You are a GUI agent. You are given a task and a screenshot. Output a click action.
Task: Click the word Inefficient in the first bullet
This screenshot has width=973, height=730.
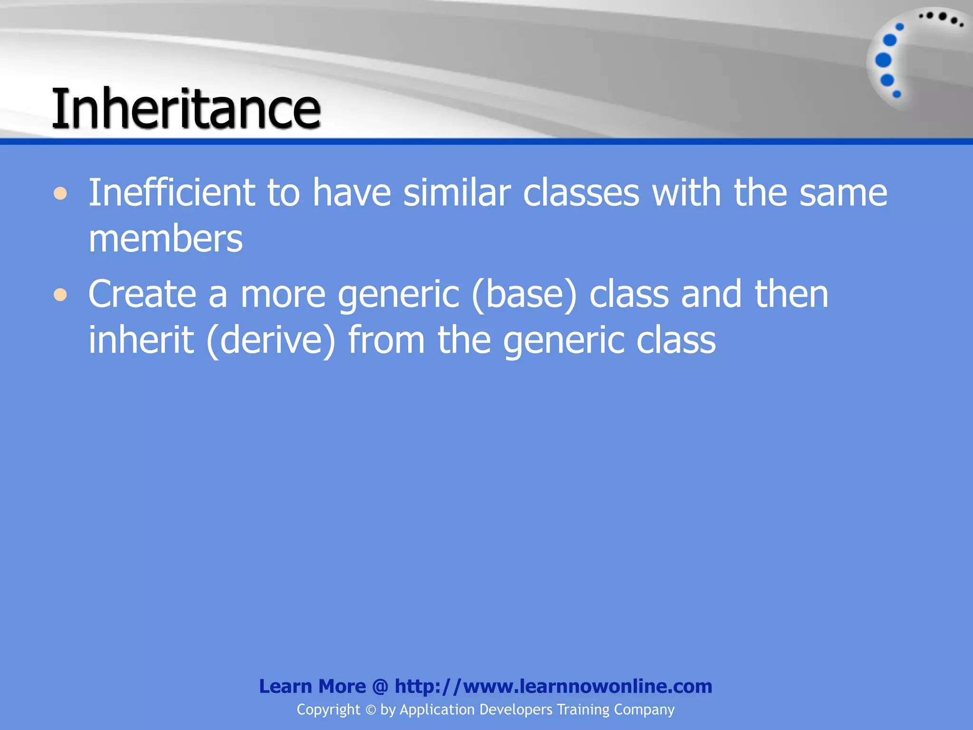point(172,192)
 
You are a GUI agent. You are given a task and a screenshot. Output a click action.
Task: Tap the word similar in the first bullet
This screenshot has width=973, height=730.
point(457,192)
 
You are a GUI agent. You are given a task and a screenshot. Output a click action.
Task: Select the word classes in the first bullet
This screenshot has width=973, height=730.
point(581,192)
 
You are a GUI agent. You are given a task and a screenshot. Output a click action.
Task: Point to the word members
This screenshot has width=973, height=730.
point(165,239)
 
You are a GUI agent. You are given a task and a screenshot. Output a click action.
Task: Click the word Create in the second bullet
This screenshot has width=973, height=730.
point(142,294)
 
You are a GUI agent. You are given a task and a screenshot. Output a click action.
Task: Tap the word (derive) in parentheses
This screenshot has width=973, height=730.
point(271,340)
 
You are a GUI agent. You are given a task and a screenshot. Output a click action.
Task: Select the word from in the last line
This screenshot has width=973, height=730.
point(386,340)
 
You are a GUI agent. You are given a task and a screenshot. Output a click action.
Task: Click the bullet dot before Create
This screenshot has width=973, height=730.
point(60,295)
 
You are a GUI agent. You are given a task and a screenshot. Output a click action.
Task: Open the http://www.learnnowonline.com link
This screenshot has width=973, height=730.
point(553,686)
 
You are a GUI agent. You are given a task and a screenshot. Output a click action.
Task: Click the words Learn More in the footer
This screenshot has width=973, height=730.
point(312,686)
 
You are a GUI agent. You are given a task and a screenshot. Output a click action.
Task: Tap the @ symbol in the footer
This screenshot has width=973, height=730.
point(380,686)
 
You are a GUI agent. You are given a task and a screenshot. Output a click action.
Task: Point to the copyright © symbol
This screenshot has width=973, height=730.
point(371,710)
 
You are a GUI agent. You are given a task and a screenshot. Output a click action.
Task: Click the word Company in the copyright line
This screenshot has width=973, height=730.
point(644,710)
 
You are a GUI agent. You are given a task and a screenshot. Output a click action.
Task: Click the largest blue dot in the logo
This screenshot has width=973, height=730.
point(883,60)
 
